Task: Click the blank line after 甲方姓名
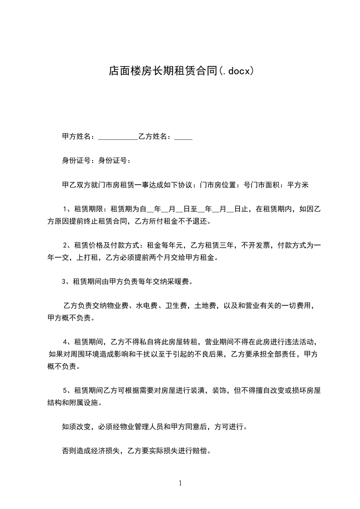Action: click(x=118, y=137)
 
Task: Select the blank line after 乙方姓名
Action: click(x=183, y=137)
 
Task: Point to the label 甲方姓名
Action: click(x=77, y=136)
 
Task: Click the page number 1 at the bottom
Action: click(x=180, y=483)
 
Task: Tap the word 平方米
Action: click(x=297, y=185)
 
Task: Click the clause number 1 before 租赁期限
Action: click(x=65, y=210)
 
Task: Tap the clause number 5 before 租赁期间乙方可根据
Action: click(x=65, y=390)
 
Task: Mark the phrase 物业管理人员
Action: click(x=140, y=426)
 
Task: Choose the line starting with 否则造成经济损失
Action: click(x=136, y=451)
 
